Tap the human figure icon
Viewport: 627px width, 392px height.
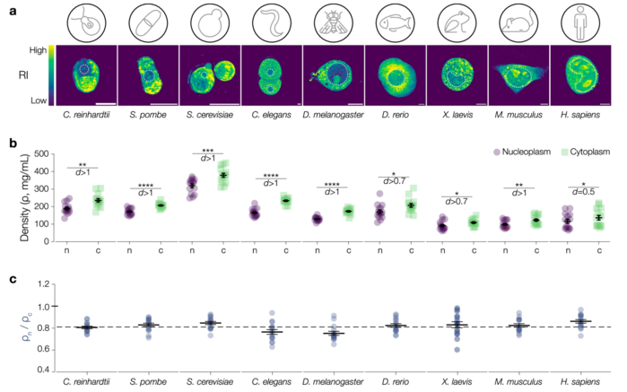tap(573, 21)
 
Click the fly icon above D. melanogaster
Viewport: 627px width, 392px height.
tap(341, 21)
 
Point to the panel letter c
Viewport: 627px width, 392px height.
tap(9, 279)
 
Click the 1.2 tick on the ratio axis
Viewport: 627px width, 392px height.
tap(39, 285)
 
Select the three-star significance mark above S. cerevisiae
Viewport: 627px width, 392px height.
tap(210, 152)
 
